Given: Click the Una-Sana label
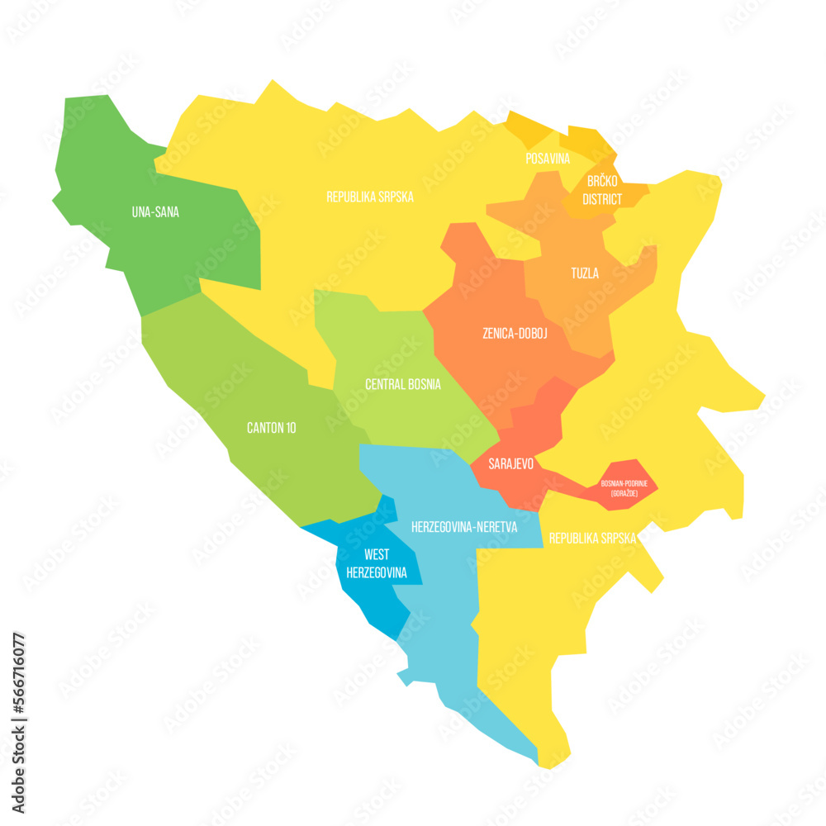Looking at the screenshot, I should pos(155,212).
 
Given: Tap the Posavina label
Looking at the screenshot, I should pos(548,158).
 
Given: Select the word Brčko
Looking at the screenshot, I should pos(602,181).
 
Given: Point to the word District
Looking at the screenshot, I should pos(602,199).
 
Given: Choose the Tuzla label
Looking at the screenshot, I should pos(585,273).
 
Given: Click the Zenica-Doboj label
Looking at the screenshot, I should pos(515,334).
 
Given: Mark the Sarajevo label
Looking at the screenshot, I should pos(510,464).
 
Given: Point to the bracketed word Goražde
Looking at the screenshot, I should pos(624,493).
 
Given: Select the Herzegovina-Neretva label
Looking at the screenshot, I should pos(464,526).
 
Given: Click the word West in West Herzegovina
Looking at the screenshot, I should pos(377,554).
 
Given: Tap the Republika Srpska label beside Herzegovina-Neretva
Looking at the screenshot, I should pos(592,538).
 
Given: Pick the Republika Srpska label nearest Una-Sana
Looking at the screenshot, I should pos(369,197).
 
